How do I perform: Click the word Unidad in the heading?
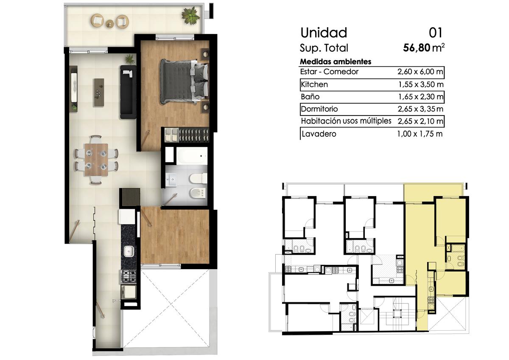(x=324, y=33)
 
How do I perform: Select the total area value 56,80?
(x=417, y=48)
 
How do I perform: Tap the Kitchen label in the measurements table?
(x=314, y=84)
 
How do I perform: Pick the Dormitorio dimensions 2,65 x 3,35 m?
(x=420, y=109)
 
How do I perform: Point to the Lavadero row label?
(x=319, y=134)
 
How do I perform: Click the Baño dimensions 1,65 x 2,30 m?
(x=421, y=97)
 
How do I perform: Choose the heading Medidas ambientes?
(x=336, y=62)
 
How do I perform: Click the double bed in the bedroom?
(x=184, y=82)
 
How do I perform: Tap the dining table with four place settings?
(x=96, y=160)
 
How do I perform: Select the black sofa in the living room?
(x=128, y=92)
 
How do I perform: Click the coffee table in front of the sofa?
(x=99, y=92)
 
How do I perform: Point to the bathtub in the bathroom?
(x=192, y=156)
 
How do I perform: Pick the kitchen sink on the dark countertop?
(x=129, y=252)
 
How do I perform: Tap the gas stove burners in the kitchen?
(x=129, y=276)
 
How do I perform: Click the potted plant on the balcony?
(x=190, y=15)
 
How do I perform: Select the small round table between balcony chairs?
(x=110, y=24)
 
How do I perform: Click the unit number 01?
(x=435, y=33)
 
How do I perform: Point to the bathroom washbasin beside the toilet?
(x=171, y=180)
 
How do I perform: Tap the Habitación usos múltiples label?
(x=346, y=121)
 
